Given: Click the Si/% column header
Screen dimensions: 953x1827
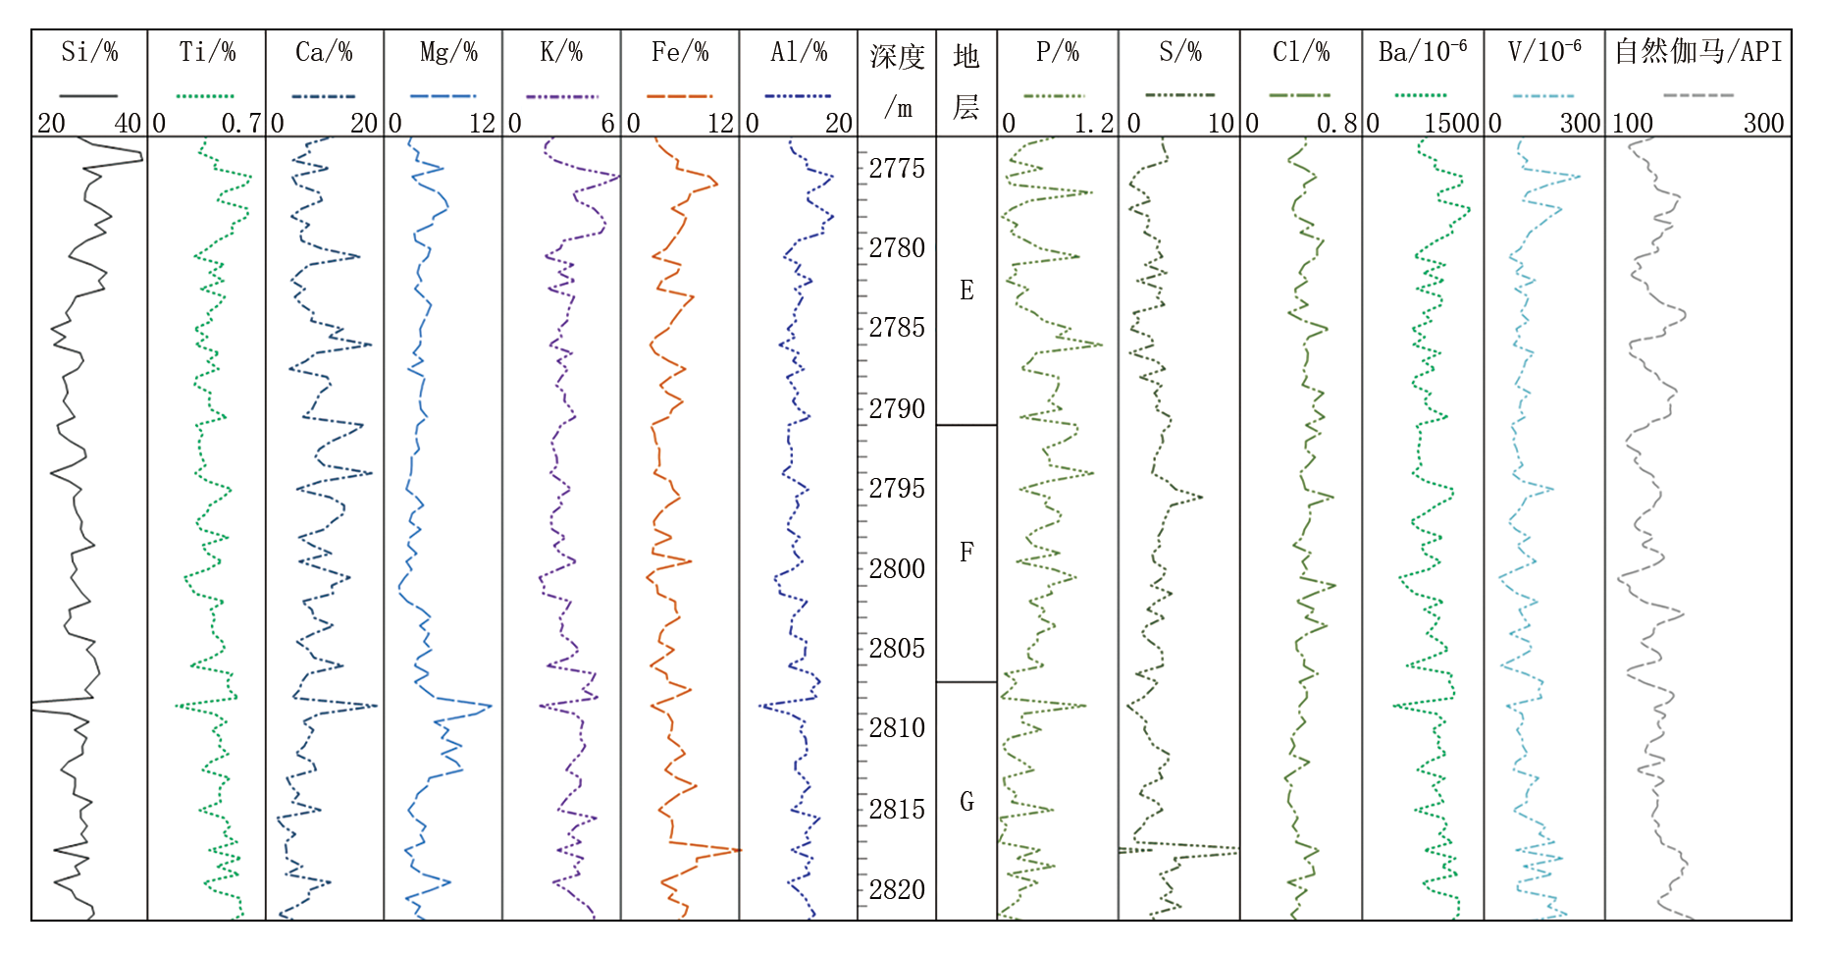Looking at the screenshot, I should point(89,52).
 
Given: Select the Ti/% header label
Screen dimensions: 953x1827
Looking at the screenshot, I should point(207,52).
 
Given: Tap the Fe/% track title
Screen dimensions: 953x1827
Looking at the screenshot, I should point(680,52).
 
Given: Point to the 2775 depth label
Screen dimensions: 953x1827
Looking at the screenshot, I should point(897,169).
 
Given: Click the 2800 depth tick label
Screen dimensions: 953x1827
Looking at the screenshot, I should point(897,568).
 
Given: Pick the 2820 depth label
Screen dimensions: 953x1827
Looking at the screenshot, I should point(897,889).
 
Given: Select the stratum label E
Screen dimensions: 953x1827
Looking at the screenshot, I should point(966,291).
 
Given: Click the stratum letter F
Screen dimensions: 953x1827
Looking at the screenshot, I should point(966,553).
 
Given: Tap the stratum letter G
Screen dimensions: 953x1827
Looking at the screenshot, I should point(966,802).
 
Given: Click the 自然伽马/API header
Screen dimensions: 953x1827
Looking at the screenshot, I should point(1698,52).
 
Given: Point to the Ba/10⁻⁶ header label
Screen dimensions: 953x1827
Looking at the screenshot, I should point(1423,52).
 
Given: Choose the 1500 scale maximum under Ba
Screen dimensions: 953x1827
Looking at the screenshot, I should point(1451,124).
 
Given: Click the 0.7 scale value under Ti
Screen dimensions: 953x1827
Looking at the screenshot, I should point(240,124).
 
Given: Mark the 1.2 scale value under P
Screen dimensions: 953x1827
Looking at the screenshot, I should point(1094,124).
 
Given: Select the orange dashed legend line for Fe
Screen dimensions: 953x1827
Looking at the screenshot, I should point(679,96).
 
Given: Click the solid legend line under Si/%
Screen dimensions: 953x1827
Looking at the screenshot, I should point(88,96).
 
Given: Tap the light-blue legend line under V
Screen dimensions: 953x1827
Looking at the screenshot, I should point(1542,96).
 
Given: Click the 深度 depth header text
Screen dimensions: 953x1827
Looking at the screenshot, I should point(897,57).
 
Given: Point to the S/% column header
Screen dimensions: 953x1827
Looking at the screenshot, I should point(1179,52).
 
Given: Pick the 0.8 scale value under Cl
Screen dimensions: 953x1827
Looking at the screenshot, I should point(1336,124).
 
